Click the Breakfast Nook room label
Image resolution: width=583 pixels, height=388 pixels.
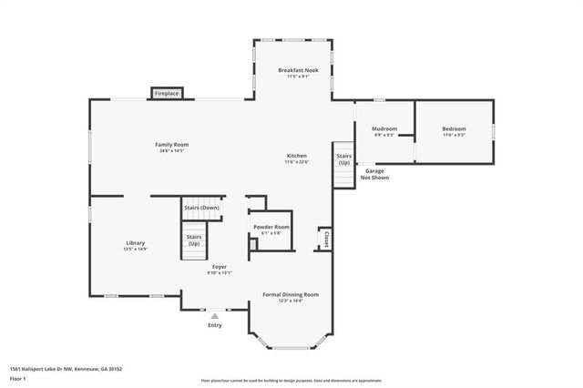pyautogui.click(x=297, y=70)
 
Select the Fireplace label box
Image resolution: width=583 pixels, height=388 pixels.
pyautogui.click(x=167, y=94)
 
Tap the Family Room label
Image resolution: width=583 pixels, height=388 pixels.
pyautogui.click(x=171, y=145)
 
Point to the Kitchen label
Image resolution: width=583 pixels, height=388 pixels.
pyautogui.click(x=297, y=156)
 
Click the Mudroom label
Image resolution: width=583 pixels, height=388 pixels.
pyautogui.click(x=384, y=129)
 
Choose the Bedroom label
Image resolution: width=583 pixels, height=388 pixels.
pyautogui.click(x=454, y=129)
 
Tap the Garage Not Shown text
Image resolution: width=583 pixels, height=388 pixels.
pyautogui.click(x=374, y=174)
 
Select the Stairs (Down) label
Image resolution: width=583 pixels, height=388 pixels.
pyautogui.click(x=202, y=208)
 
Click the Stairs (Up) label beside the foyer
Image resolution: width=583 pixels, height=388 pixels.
pyautogui.click(x=194, y=240)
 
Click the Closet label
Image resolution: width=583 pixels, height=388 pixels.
pyautogui.click(x=325, y=239)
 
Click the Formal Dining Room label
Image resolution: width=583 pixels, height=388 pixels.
pyautogui.click(x=291, y=294)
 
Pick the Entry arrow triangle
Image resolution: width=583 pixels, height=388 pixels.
pyautogui.click(x=215, y=316)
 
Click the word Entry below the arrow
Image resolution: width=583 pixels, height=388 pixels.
pyautogui.click(x=215, y=325)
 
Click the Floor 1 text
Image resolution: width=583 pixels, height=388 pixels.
pyautogui.click(x=17, y=378)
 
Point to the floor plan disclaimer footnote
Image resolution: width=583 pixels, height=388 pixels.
pyautogui.click(x=291, y=381)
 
